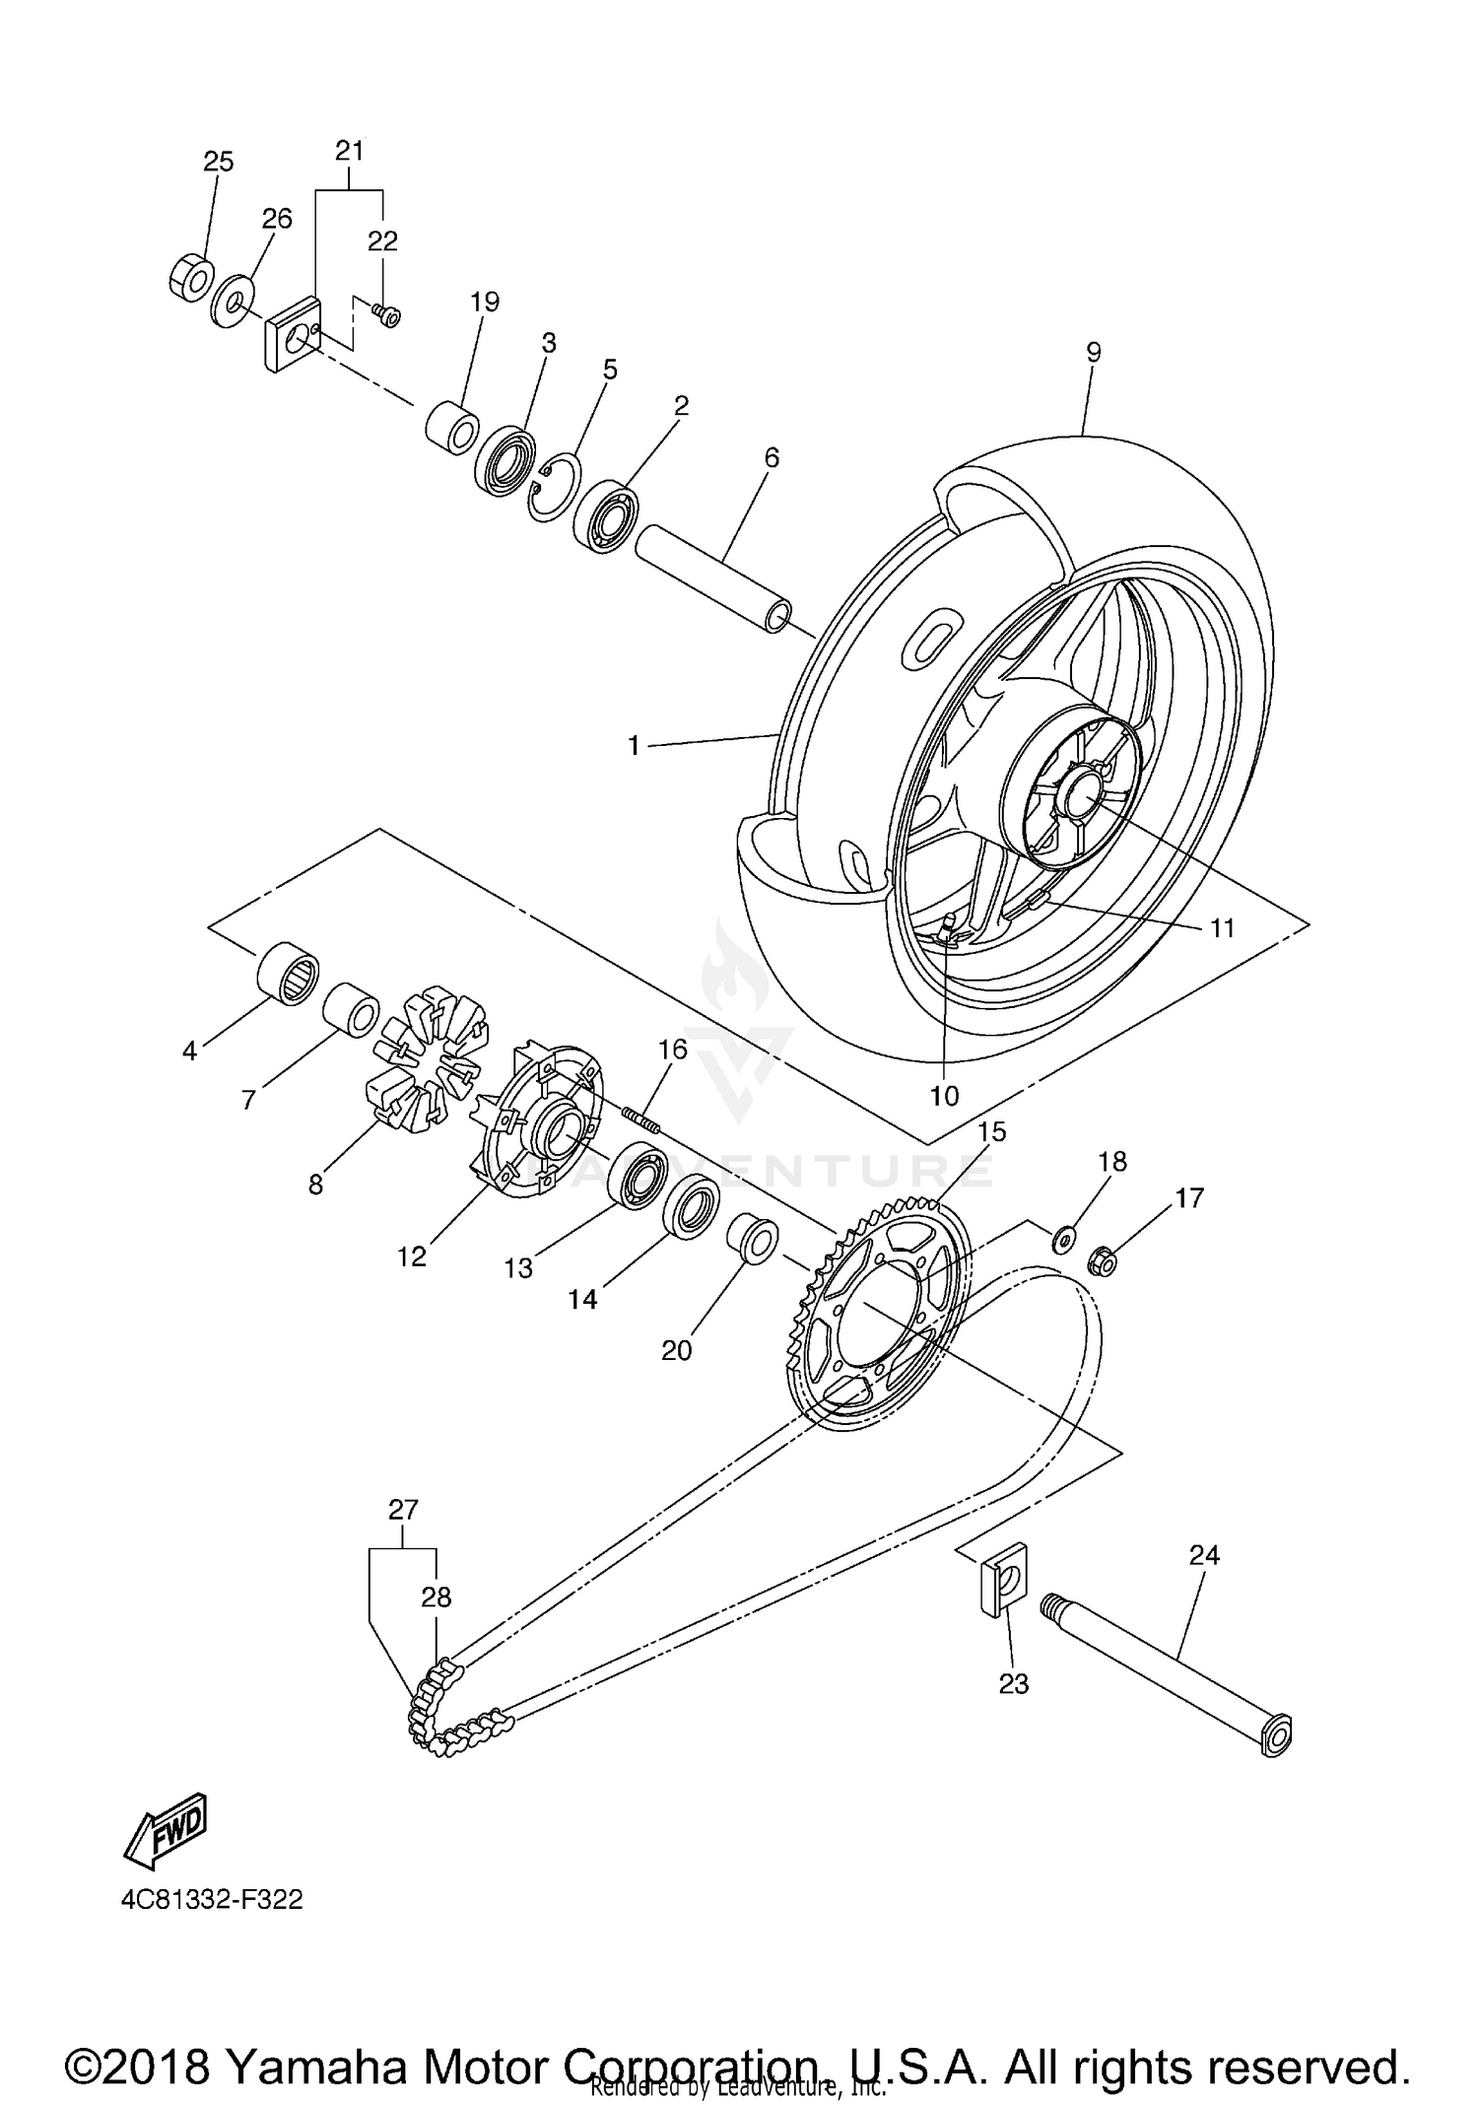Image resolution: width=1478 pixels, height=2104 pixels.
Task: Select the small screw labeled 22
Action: (x=386, y=315)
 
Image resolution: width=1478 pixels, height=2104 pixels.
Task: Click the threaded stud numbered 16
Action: (x=641, y=1121)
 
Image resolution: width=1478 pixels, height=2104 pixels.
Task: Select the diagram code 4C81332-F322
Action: (x=212, y=1899)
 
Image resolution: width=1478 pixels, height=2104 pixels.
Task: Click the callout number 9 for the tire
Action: (x=1093, y=353)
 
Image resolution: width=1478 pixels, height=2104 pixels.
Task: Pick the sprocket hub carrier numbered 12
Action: (x=537, y=1123)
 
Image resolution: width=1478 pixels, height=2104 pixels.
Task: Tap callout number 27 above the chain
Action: (x=404, y=1510)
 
